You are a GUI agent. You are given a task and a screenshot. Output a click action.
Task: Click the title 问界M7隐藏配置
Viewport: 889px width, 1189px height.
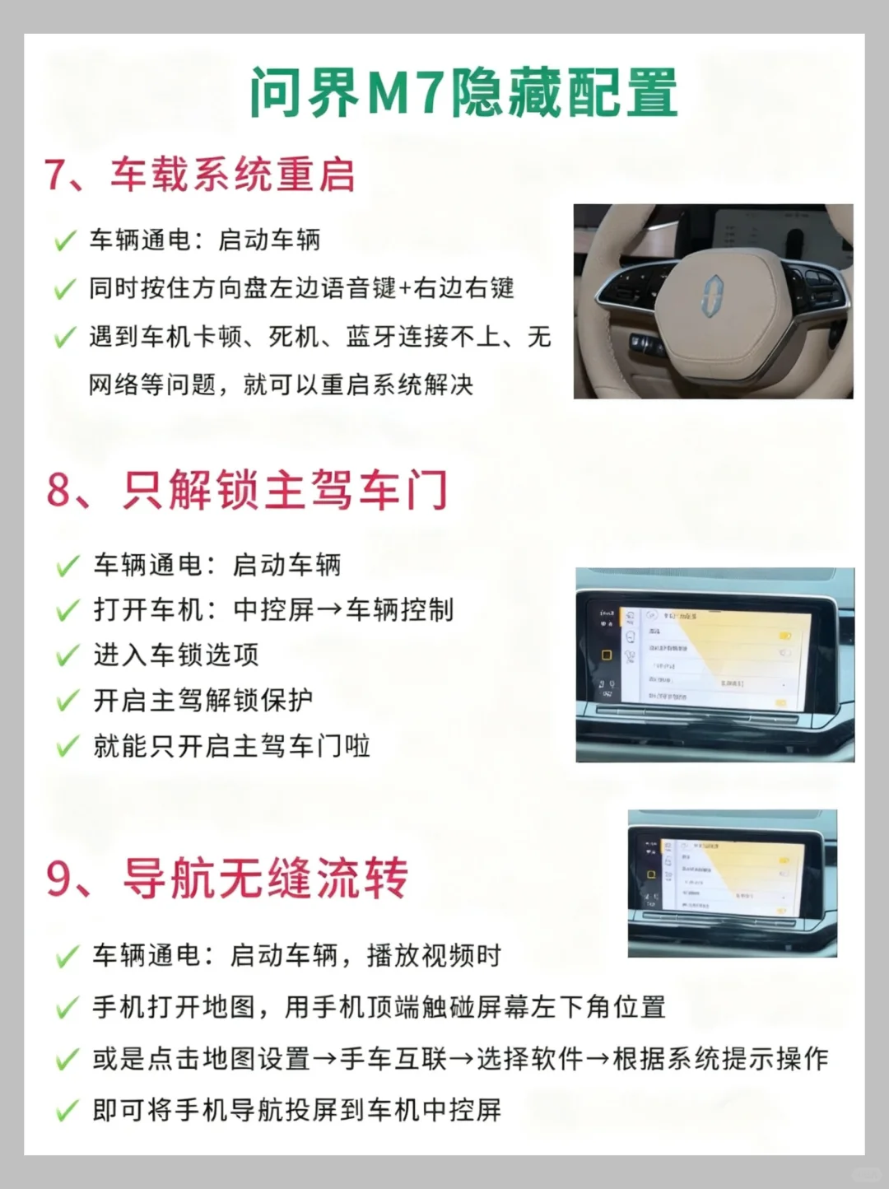tap(463, 92)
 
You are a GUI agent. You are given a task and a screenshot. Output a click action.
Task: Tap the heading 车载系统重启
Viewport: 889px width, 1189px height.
tap(233, 175)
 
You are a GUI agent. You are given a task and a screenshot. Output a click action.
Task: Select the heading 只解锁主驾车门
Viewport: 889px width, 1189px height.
tap(286, 491)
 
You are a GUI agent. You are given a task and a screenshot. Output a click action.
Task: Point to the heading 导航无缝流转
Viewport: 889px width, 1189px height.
tap(266, 878)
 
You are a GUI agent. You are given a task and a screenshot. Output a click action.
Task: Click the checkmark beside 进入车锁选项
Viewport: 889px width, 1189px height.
tap(67, 657)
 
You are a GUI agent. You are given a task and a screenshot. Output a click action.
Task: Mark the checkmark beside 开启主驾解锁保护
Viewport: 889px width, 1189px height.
tap(67, 702)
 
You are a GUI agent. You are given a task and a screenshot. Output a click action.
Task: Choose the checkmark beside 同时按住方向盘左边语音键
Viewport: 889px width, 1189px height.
tap(65, 290)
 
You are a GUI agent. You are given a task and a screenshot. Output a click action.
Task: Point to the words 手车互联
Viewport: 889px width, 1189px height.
tap(393, 1059)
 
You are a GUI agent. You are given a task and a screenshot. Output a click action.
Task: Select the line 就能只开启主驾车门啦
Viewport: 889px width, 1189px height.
tap(231, 747)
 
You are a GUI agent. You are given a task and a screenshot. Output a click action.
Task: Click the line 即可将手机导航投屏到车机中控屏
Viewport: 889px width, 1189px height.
tap(296, 1111)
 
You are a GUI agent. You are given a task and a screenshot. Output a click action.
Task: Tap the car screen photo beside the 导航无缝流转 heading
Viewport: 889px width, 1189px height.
tap(732, 883)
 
